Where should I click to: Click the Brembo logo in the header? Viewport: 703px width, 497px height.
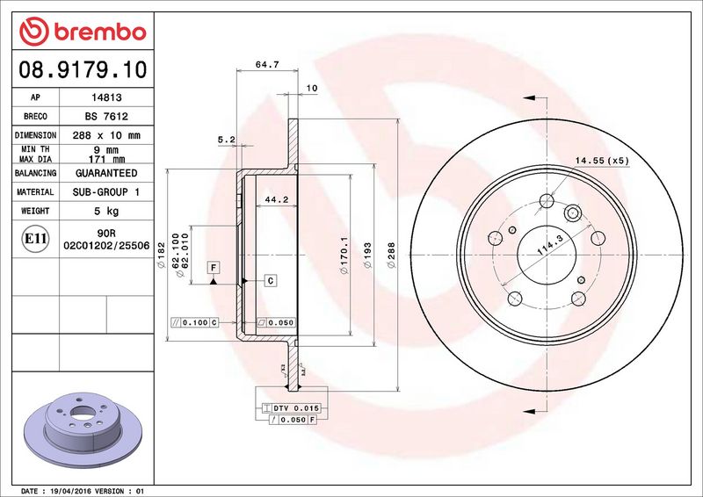coord(83,32)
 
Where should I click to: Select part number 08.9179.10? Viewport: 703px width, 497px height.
coord(83,70)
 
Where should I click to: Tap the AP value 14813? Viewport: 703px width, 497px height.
coord(106,97)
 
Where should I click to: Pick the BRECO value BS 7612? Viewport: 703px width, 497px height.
coord(106,116)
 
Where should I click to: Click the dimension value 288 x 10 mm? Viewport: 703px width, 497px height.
coord(106,135)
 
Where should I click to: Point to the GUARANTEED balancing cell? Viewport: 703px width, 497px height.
coord(106,173)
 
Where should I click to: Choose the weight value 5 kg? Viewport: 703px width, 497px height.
coord(106,211)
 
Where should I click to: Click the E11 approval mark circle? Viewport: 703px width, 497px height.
coord(35,239)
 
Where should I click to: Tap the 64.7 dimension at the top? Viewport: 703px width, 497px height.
coord(267,64)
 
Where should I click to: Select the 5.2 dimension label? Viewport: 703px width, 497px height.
coord(227,140)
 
